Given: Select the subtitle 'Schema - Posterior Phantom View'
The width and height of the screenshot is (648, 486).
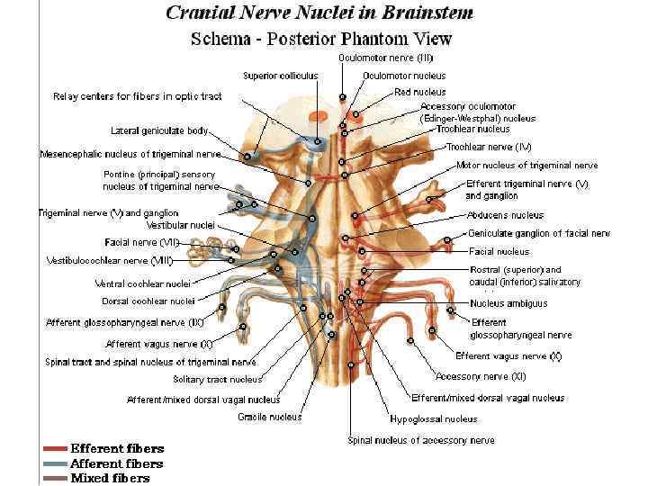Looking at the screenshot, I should point(321,39).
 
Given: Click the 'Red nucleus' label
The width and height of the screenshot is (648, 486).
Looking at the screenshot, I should point(420,92).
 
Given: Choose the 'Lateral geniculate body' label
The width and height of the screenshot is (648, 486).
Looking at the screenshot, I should point(159,130).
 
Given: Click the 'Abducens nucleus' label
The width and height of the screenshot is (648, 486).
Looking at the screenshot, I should point(505,215).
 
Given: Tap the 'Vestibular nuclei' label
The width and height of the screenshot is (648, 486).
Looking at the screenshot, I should point(180,225).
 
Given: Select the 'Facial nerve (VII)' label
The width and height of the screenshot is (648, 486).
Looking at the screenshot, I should point(142,242).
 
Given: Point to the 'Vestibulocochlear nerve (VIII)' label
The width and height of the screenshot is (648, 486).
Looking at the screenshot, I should point(109,261).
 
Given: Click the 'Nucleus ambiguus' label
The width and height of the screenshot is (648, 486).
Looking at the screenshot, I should point(508,303).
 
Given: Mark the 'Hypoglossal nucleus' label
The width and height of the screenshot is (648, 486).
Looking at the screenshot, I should point(433,418).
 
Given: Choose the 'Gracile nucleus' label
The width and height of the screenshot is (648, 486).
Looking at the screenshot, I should point(270,417).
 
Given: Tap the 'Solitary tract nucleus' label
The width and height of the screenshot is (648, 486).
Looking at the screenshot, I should point(217,379).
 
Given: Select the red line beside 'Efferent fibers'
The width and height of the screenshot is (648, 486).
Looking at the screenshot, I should point(54,448).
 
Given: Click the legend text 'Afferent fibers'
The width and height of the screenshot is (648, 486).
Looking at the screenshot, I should point(117,463).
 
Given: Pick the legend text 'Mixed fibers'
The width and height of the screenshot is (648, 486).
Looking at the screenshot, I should point(110,478).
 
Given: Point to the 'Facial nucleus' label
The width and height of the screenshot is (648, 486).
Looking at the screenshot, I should point(499,252).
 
